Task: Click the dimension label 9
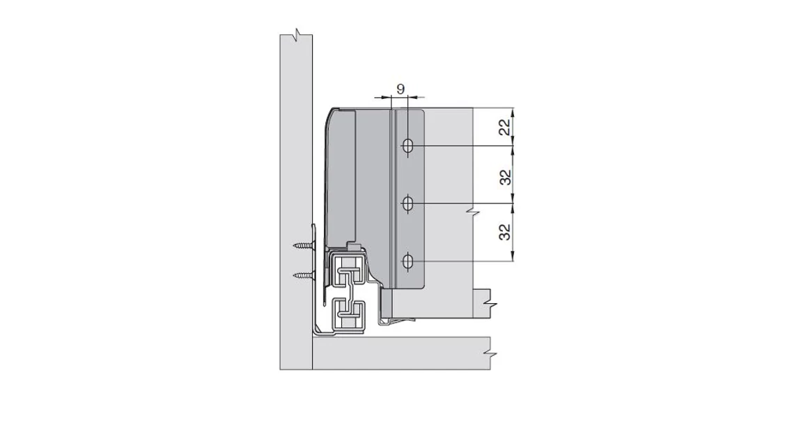[400, 88]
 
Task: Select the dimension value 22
[506, 127]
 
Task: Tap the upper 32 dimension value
[506, 176]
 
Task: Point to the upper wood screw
[304, 245]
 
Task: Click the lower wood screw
[304, 275]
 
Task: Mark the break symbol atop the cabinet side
[297, 33]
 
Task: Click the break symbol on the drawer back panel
[473, 208]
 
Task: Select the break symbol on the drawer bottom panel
[492, 306]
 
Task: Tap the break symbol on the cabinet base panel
[492, 354]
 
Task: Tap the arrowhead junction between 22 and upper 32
[514, 146]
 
